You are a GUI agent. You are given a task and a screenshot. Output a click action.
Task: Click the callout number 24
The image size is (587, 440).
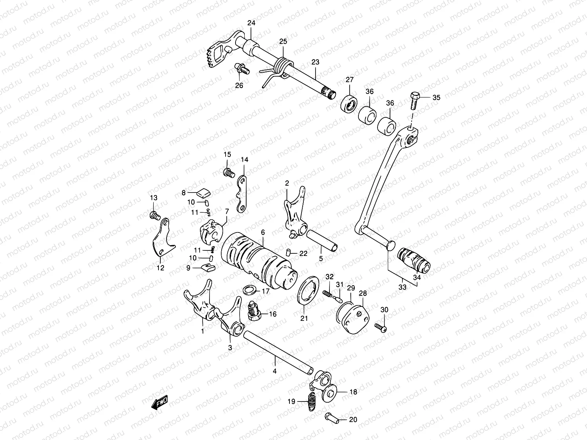click(251, 23)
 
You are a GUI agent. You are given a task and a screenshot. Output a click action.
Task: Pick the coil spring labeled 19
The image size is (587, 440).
click(311, 401)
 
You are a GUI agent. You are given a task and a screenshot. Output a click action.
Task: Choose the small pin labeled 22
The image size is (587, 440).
click(289, 252)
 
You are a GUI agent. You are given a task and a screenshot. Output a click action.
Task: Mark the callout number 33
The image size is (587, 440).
click(402, 287)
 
